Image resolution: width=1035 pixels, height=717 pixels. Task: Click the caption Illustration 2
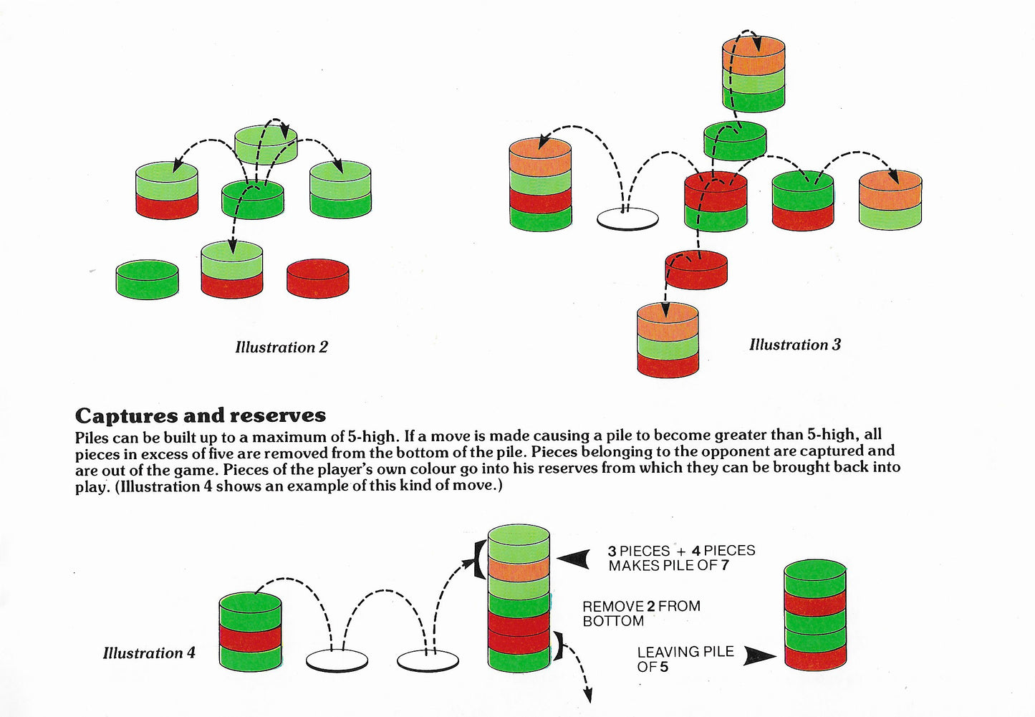coord(281,347)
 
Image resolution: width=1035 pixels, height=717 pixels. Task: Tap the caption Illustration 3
coord(794,345)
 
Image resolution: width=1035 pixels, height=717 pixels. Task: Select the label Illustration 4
coord(149,653)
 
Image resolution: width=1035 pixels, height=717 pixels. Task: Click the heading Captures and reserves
coord(201,415)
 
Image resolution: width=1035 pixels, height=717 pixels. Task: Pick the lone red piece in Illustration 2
coord(318,279)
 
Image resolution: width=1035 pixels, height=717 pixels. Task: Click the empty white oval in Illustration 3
coord(627,218)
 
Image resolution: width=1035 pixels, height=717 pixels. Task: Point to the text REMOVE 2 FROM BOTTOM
coord(640,613)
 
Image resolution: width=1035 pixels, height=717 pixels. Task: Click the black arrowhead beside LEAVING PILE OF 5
coord(759,655)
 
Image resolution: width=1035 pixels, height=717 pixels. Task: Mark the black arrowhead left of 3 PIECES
coord(574,559)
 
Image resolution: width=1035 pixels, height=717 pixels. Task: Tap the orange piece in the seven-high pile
coord(519,569)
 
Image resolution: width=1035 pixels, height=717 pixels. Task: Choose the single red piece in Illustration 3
coord(696,270)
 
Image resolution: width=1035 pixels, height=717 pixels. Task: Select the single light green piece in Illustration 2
coord(266,145)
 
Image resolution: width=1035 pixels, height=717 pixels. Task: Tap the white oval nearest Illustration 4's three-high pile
coord(337,660)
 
